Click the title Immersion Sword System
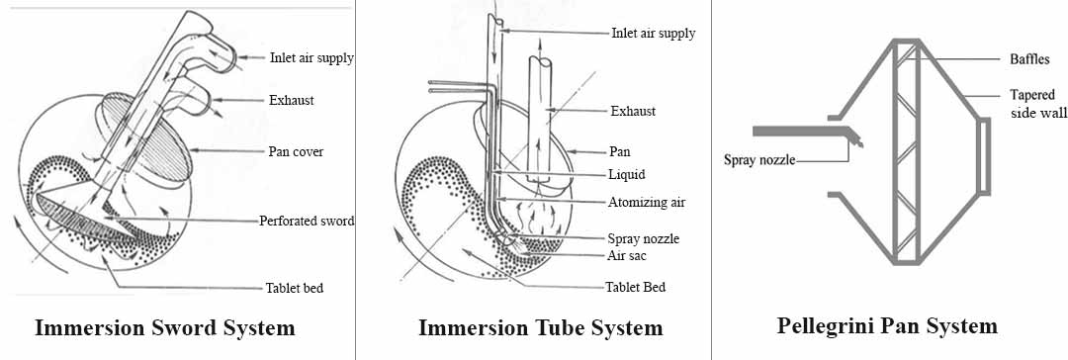pos(165,327)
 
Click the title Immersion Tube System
pos(540,327)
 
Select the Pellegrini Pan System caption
pos(887,326)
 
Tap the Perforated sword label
pos(307,221)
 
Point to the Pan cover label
pos(296,151)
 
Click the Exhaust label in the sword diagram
pos(292,100)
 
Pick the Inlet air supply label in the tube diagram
pos(654,33)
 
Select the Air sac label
pos(627,256)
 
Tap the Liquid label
pos(627,174)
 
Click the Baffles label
pos(1029,59)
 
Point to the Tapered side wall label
pos(1038,104)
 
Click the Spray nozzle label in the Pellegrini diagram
pos(758,161)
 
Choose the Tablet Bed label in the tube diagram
pos(636,287)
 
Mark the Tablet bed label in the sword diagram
pos(295,288)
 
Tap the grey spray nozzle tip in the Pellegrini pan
pos(853,138)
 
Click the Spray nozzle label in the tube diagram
pos(643,238)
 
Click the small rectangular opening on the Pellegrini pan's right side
pos(984,155)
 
